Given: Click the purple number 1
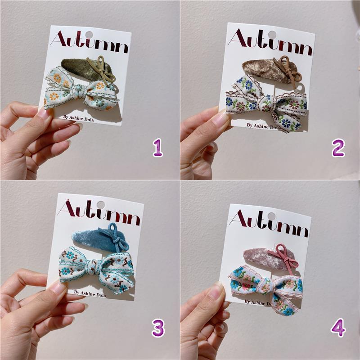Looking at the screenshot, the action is (x=158, y=148).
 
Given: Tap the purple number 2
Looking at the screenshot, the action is (x=338, y=148).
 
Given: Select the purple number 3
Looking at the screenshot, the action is (x=158, y=328).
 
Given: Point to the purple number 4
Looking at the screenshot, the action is (x=338, y=328).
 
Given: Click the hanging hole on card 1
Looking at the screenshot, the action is (x=89, y=35).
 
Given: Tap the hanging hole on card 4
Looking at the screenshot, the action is (x=271, y=216).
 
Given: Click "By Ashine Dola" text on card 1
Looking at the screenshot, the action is (x=78, y=118).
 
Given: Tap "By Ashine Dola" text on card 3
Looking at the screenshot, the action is (x=90, y=293).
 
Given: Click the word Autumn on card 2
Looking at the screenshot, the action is (x=270, y=42).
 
